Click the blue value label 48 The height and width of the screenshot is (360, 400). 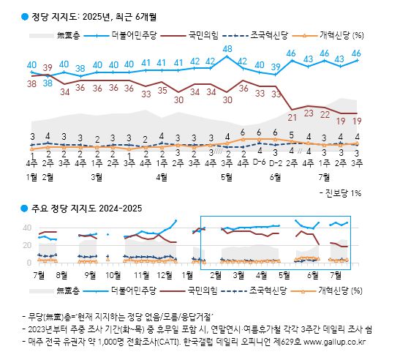227,50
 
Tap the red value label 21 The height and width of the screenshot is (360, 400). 292,116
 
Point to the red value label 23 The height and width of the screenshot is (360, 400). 309,114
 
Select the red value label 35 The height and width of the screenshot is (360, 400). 162,91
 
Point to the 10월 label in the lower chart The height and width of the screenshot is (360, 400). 113,274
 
